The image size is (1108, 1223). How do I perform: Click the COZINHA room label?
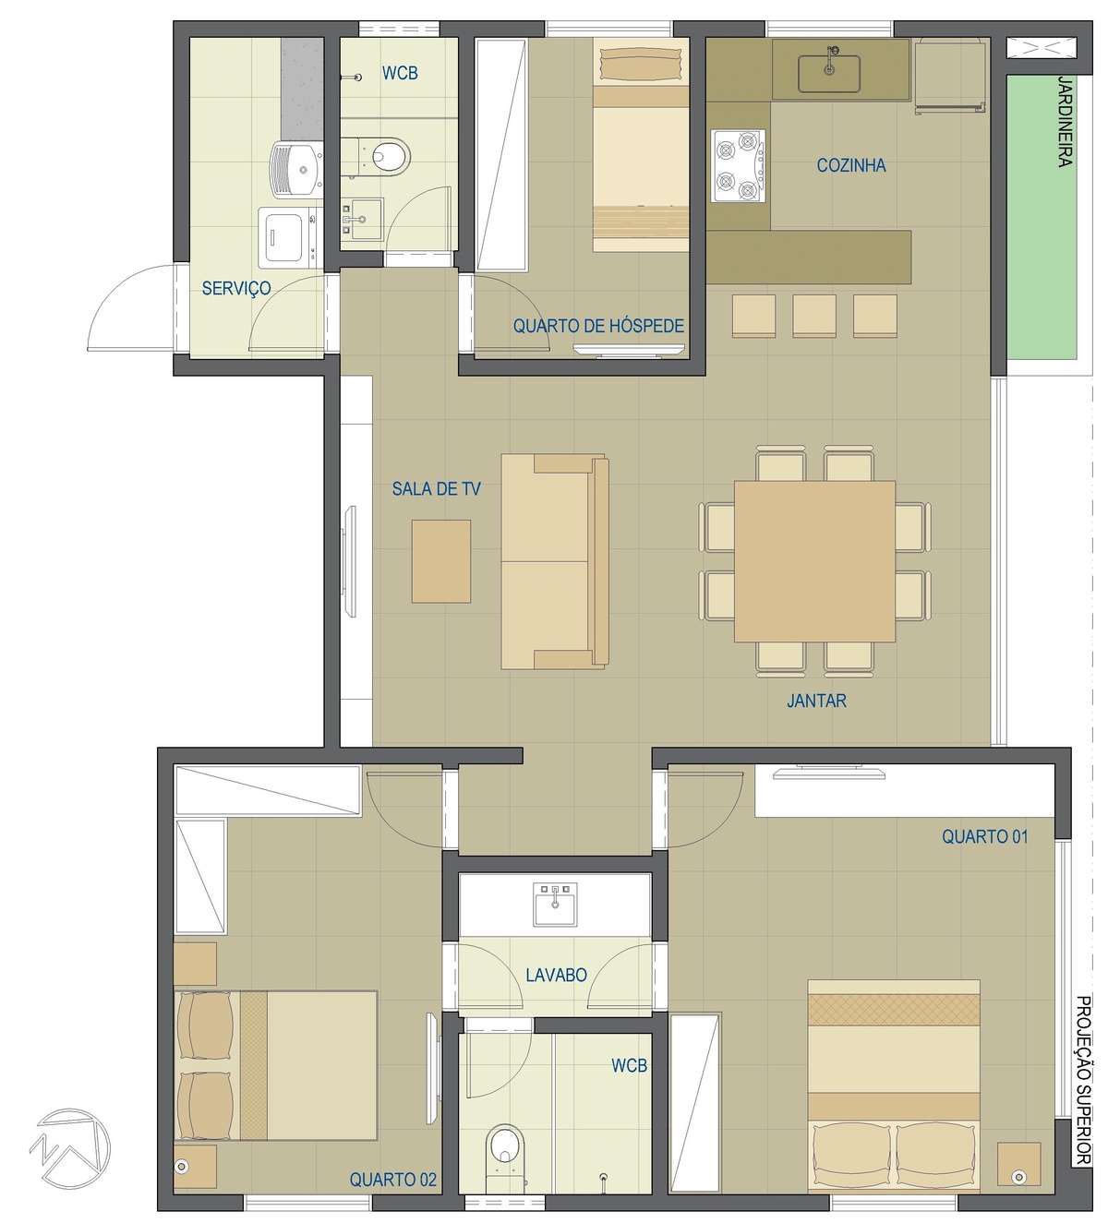(x=850, y=165)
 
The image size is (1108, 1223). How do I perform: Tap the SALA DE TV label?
(x=436, y=488)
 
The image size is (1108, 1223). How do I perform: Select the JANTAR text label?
(x=816, y=701)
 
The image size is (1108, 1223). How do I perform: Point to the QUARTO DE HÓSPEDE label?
(x=598, y=326)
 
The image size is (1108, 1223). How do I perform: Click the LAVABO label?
(x=556, y=975)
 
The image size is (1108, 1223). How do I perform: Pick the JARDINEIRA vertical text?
(x=1065, y=121)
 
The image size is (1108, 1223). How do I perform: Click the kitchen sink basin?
(x=829, y=74)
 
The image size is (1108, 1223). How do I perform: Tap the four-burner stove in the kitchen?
(x=738, y=166)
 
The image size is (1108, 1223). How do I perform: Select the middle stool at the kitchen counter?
(x=814, y=316)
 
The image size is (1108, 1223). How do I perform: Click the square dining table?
(x=814, y=560)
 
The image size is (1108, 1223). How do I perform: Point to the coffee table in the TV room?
(x=441, y=561)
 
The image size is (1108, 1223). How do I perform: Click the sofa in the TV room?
(x=554, y=561)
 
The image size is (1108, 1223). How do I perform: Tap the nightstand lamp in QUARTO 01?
(x=1018, y=1176)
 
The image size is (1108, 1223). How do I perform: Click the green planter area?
(x=1041, y=217)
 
